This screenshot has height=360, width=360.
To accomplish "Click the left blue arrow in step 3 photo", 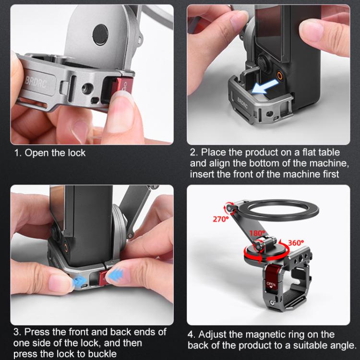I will click(80, 281).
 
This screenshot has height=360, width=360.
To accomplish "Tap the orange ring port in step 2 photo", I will click(279, 76).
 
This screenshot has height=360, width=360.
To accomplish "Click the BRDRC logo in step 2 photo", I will click(243, 103).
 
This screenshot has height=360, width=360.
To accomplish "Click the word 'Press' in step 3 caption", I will click(36, 332).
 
